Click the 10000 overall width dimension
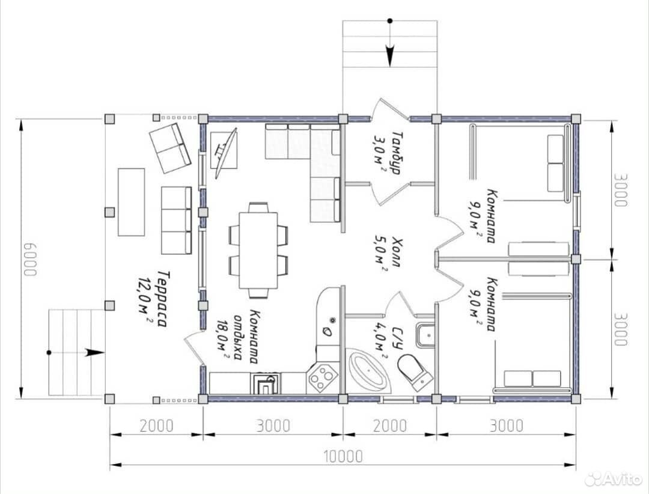[343, 456]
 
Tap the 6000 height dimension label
[30, 259]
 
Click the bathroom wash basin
[425, 334]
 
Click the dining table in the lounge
[258, 250]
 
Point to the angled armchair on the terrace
[170, 148]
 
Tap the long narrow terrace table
[131, 202]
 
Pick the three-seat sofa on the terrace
[176, 221]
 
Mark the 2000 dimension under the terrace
[156, 425]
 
